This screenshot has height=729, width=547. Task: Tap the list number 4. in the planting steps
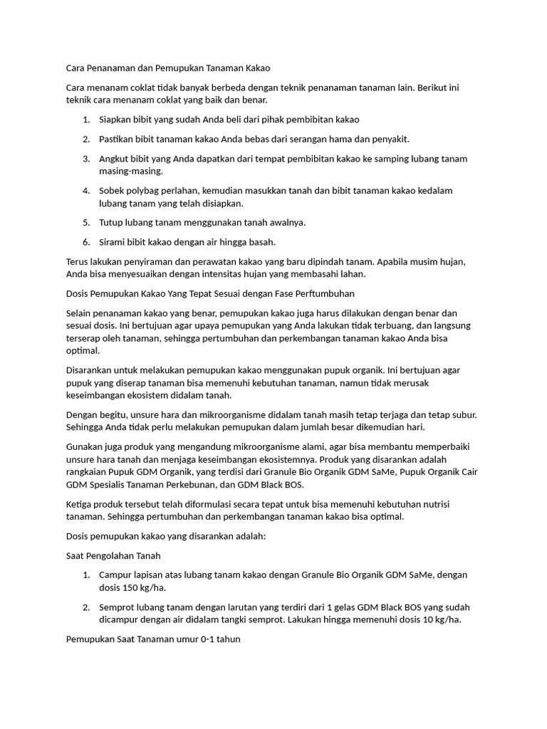(85, 191)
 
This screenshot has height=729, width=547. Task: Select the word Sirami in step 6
(113, 242)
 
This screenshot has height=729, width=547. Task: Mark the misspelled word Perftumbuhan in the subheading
(324, 293)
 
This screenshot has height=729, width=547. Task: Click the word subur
(461, 414)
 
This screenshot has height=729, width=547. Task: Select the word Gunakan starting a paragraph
(83, 446)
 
